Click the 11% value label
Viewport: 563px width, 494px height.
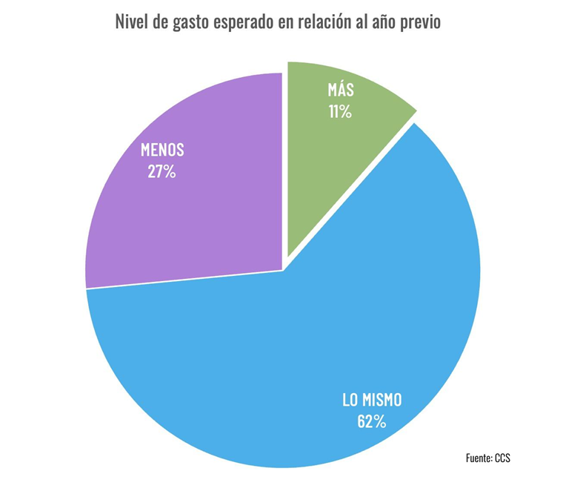(x=340, y=113)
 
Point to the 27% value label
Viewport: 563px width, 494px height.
(x=161, y=173)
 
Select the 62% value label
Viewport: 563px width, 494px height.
(x=371, y=422)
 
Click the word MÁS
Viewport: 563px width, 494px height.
(x=341, y=90)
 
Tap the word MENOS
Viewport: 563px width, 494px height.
(x=162, y=151)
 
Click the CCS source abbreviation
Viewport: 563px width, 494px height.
(x=502, y=458)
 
